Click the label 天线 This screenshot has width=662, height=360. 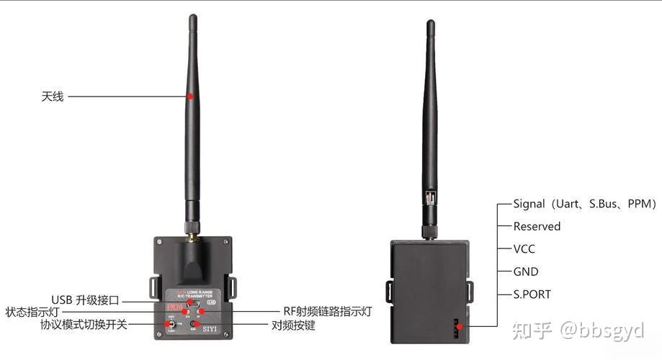52,96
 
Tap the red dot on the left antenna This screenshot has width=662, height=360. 190,96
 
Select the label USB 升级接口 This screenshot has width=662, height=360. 84,300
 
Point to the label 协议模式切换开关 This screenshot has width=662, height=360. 84,325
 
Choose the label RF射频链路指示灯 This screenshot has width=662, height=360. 327,312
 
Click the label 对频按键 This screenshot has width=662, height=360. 292,325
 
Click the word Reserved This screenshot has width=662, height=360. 537,226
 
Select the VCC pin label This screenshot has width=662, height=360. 524,249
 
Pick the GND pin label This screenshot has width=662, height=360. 526,272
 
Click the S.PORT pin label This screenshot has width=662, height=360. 532,294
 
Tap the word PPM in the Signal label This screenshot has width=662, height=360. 637,204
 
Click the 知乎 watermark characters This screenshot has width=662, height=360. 532,330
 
